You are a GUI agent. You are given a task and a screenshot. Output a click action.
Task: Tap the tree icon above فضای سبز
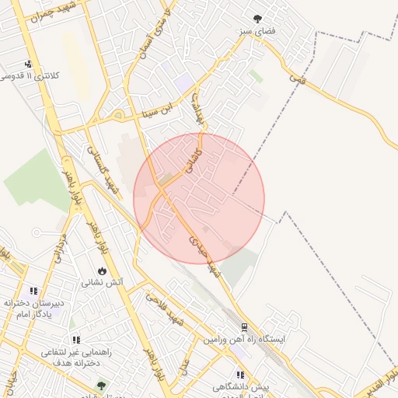click(x=257, y=19)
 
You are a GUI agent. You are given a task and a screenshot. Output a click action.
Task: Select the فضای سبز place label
click(x=257, y=33)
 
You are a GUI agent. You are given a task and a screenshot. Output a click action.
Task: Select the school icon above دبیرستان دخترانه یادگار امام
click(x=33, y=290)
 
